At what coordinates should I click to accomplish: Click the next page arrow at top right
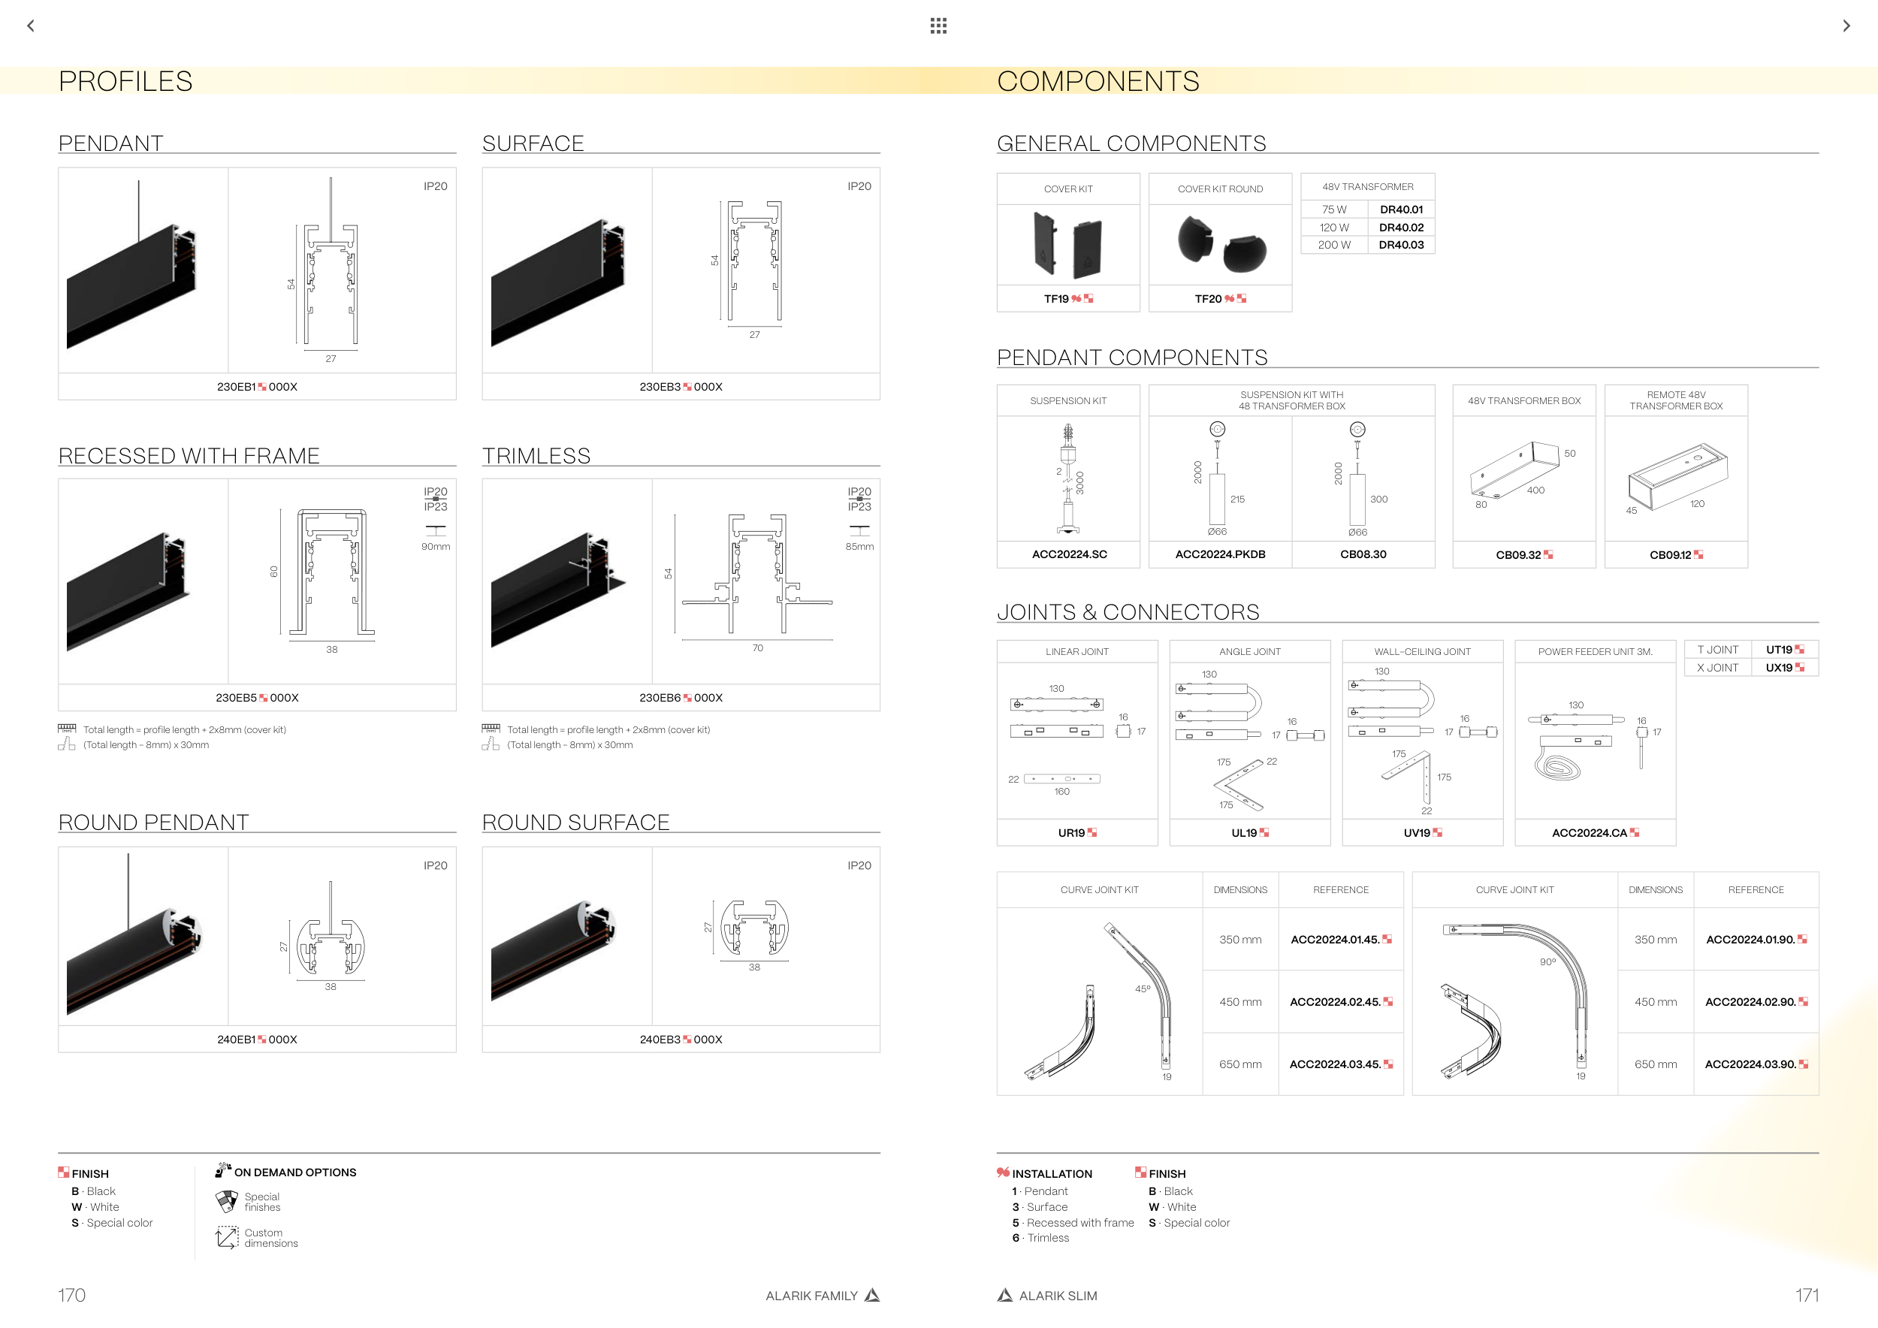point(1846,26)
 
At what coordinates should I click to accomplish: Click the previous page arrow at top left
point(31,26)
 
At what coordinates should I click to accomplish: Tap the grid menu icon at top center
point(938,26)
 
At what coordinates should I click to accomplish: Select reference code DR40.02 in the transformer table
point(1401,228)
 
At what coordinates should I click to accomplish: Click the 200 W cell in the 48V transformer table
point(1334,245)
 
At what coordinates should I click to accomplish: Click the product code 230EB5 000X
point(257,698)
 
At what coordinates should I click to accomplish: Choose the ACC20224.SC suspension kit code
point(1069,554)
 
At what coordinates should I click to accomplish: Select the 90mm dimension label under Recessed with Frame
point(436,546)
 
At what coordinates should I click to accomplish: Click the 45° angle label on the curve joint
point(1143,988)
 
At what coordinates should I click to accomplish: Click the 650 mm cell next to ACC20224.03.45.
point(1240,1064)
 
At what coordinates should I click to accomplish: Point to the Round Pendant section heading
point(154,822)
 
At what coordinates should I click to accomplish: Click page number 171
point(1807,1295)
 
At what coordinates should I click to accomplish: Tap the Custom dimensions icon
point(227,1237)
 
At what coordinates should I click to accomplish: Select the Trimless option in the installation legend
point(1048,1238)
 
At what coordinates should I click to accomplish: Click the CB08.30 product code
point(1363,554)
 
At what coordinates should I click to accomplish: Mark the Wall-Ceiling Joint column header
point(1423,652)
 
